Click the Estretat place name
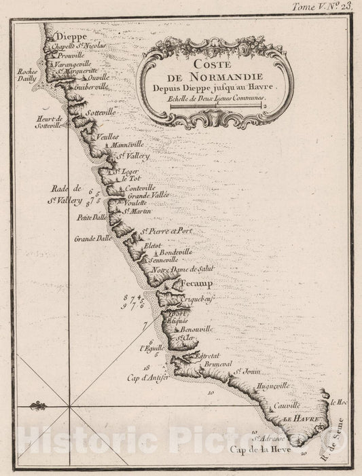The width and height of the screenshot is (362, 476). click(x=209, y=355)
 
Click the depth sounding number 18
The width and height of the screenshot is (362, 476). click(x=147, y=365)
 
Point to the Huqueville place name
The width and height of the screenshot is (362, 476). click(x=270, y=385)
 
